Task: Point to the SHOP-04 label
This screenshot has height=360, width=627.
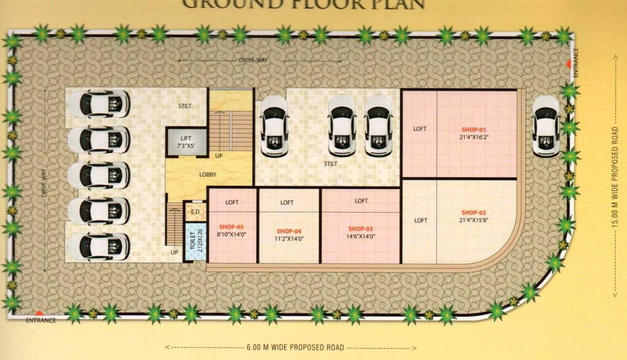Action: pyautogui.click(x=289, y=231)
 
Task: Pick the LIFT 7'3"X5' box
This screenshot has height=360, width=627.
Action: pyautogui.click(x=187, y=142)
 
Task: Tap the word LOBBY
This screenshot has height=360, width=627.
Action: pyautogui.click(x=208, y=174)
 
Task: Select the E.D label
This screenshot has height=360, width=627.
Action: pyautogui.click(x=195, y=212)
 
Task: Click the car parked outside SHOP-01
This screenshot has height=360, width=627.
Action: pyautogui.click(x=546, y=126)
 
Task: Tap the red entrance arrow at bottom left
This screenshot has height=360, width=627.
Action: pyautogui.click(x=40, y=313)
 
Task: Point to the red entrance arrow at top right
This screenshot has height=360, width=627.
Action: pyautogui.click(x=568, y=64)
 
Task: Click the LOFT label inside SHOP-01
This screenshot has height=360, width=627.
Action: pyautogui.click(x=420, y=129)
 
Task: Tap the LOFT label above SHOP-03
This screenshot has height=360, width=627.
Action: pyautogui.click(x=361, y=201)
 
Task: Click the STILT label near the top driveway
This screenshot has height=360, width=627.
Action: pyautogui.click(x=185, y=106)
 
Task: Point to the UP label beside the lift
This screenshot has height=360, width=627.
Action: pyautogui.click(x=219, y=155)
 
